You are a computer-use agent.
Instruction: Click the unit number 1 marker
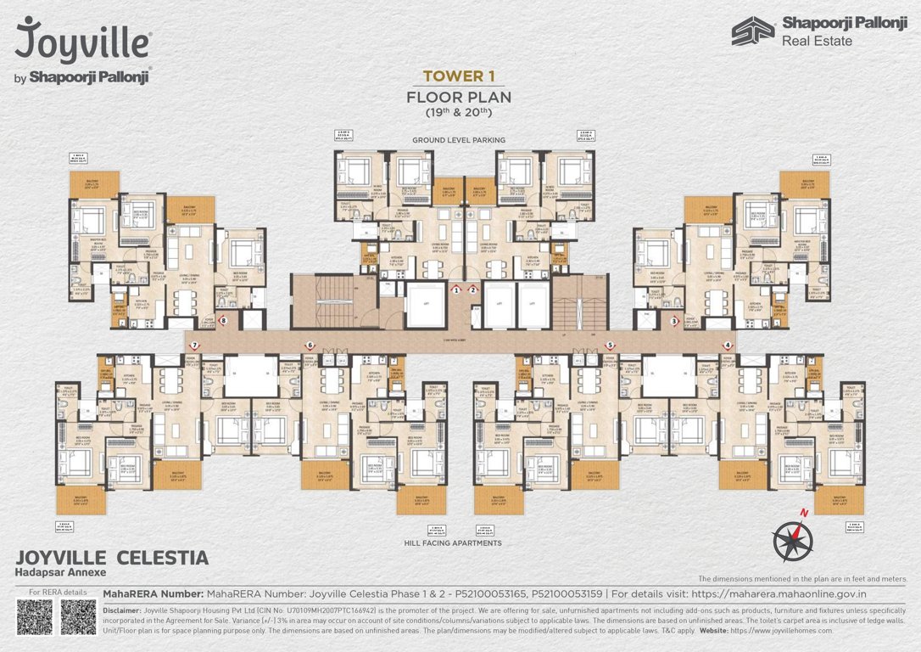coord(456,289)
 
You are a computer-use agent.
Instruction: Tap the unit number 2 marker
coord(473,289)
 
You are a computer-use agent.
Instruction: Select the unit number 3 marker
coord(673,322)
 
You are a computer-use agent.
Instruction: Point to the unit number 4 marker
coord(728,346)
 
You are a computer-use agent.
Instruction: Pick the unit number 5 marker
coord(610,346)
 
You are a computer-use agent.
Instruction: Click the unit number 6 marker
coord(310,346)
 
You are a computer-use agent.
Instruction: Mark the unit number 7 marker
coord(194,346)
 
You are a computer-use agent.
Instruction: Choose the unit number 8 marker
coord(223,321)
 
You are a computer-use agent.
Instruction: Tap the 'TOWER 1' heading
coord(459,76)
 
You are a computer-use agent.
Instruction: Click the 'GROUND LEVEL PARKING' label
coord(459,139)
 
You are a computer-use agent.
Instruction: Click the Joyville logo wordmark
coord(83,40)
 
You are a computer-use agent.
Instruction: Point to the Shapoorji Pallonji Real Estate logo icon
coord(753,31)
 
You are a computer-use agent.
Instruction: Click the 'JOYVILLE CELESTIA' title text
coord(112,558)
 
